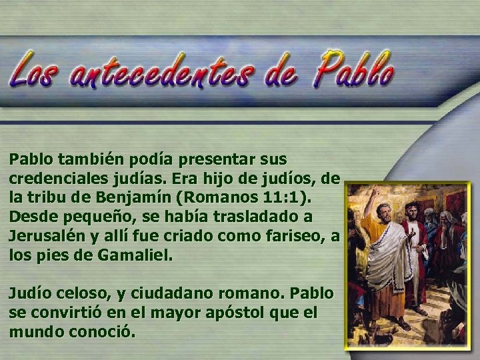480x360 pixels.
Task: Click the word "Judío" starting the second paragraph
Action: click(x=27, y=293)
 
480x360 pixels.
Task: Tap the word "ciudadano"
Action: click(x=157, y=293)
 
